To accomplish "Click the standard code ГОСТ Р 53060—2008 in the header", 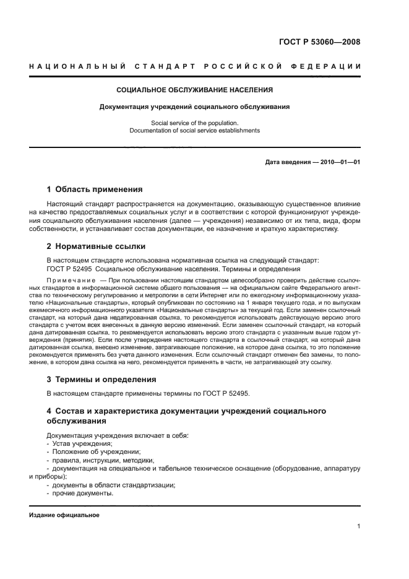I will click(319, 42).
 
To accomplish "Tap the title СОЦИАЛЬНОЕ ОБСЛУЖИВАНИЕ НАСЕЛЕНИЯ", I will click(195, 90).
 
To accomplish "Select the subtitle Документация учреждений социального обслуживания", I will click(195, 107).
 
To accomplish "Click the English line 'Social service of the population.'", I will click(195, 123).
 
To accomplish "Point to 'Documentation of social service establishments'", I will click(195, 131).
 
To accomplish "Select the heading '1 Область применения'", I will click(95, 189).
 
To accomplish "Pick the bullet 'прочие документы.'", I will click(82, 493).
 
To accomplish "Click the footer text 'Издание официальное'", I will click(64, 515).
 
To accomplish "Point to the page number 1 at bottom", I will click(358, 526).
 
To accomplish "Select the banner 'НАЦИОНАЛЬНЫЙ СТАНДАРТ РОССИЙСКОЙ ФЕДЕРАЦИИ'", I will click(195, 66).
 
